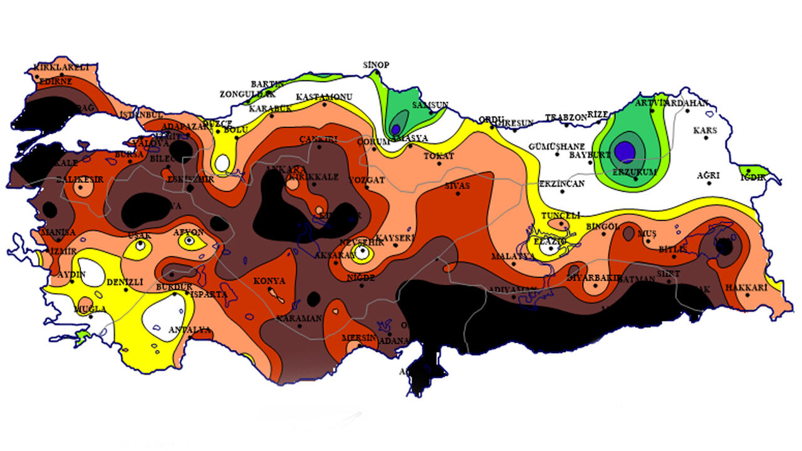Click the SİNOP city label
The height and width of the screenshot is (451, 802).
[377, 65]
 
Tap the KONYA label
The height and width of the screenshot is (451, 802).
[269, 281]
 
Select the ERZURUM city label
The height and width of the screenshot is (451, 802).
[637, 171]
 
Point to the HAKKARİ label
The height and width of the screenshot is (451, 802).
[746, 288]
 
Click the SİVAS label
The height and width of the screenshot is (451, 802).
[457, 186]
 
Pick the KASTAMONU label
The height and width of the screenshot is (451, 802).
[324, 97]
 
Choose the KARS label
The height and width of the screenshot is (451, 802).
[705, 131]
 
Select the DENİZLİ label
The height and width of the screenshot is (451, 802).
[125, 283]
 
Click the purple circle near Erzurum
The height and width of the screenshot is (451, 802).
[625, 151]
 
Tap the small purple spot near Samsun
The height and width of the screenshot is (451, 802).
[395, 130]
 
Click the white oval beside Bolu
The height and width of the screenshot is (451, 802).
[221, 163]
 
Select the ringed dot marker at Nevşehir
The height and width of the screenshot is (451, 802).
[362, 253]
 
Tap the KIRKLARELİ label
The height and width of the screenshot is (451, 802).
[61, 67]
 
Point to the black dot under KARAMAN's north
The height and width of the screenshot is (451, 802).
[314, 298]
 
